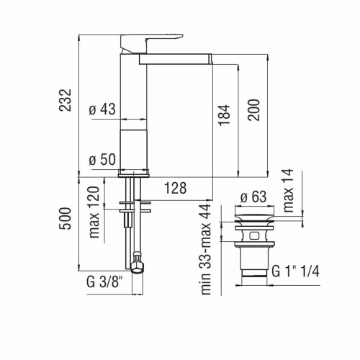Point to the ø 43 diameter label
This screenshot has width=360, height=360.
pos(102,109)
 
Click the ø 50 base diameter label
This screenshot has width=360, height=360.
pos(102,160)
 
